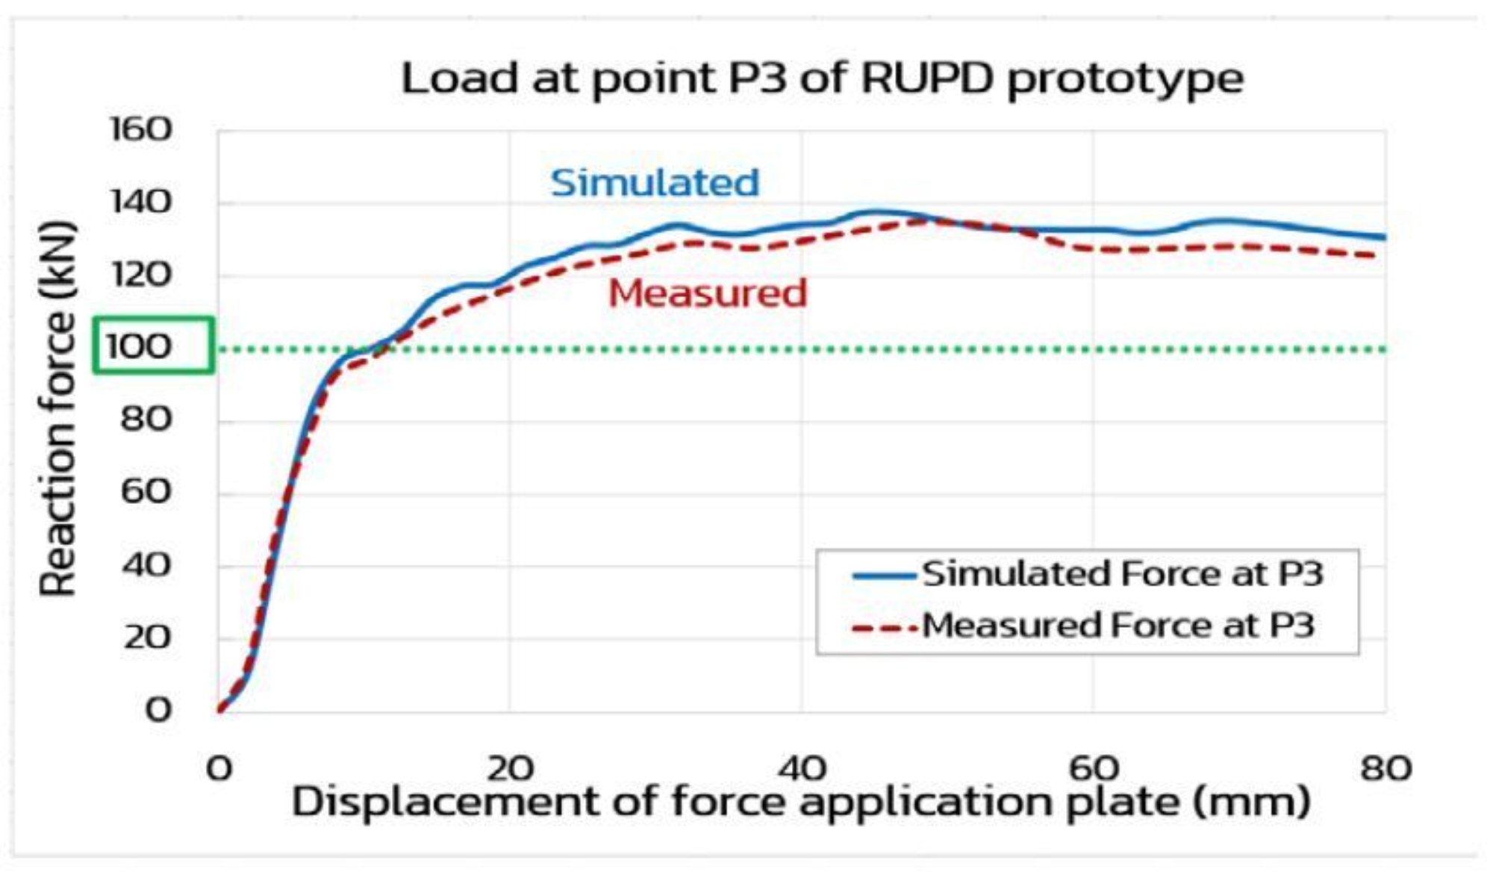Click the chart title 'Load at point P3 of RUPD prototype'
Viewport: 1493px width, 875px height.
pyautogui.click(x=822, y=79)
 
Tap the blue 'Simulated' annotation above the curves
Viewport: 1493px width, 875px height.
pyautogui.click(x=655, y=183)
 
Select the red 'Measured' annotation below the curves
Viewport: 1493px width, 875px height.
pyautogui.click(x=708, y=293)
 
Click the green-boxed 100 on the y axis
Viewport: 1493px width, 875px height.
pyautogui.click(x=140, y=346)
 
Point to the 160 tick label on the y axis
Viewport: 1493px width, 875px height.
pyautogui.click(x=141, y=129)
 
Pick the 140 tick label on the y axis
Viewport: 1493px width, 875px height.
pyautogui.click(x=141, y=202)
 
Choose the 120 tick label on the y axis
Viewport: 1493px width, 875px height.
pyautogui.click(x=141, y=275)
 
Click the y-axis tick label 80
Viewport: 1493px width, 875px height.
pyautogui.click(x=146, y=420)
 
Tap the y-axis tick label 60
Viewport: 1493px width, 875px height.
pyautogui.click(x=146, y=492)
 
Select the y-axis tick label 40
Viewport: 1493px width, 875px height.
pyautogui.click(x=146, y=565)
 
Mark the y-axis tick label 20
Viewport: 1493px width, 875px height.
pyautogui.click(x=146, y=638)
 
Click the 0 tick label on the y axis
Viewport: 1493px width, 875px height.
pyautogui.click(x=158, y=709)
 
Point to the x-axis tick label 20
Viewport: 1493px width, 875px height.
pyautogui.click(x=511, y=767)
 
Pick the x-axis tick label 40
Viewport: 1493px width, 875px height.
pyautogui.click(x=802, y=767)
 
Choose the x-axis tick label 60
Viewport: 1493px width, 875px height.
pyautogui.click(x=1094, y=767)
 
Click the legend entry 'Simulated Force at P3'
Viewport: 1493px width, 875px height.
pyautogui.click(x=1122, y=574)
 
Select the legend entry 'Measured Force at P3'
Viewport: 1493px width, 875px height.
pyautogui.click(x=1118, y=626)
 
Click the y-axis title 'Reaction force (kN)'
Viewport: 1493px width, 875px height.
pyautogui.click(x=58, y=409)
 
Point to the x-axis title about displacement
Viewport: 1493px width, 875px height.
pyautogui.click(x=800, y=803)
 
